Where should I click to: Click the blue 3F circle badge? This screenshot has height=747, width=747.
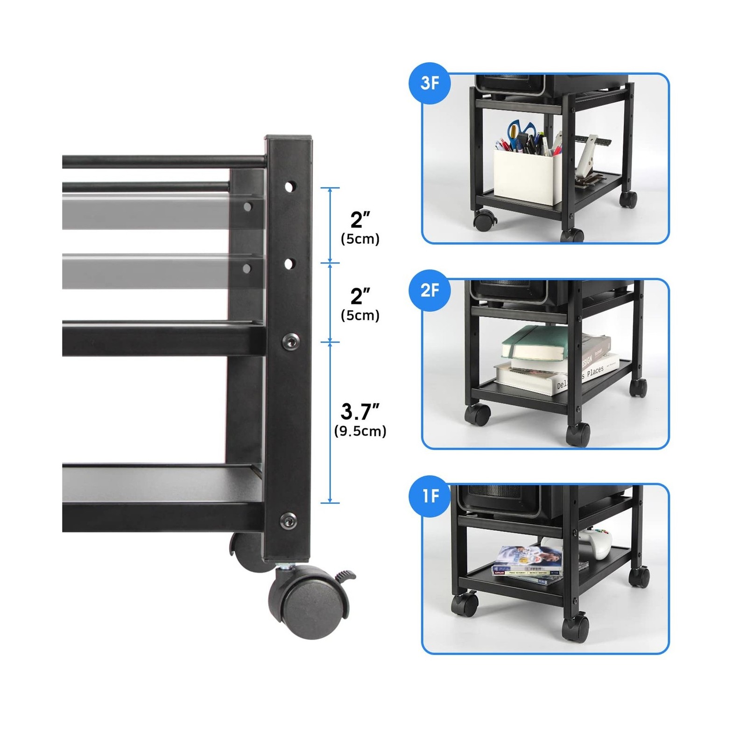click(x=430, y=84)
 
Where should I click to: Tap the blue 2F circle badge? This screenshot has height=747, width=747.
click(x=430, y=290)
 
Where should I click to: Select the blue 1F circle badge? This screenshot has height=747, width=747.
click(x=430, y=495)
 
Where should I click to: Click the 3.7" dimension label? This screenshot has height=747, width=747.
click(x=360, y=411)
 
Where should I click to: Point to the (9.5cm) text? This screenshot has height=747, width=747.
click(x=360, y=431)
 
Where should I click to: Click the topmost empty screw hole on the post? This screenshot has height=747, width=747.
click(x=289, y=187)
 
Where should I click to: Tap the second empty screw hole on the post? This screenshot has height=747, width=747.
click(x=289, y=264)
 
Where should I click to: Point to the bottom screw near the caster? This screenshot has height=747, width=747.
click(x=289, y=519)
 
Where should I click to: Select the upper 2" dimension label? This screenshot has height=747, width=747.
click(x=360, y=219)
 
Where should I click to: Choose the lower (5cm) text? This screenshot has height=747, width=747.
click(x=360, y=316)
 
